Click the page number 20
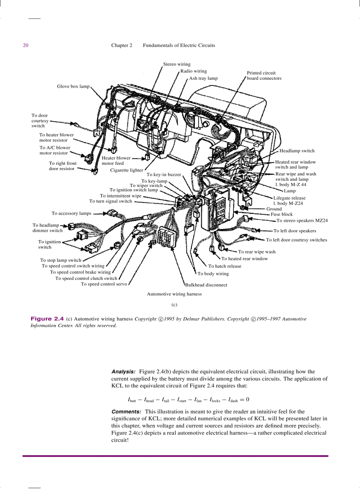pos(26,45)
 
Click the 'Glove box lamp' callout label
pos(73,86)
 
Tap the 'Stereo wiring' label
pos(177,64)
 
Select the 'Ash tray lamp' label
pos(203,78)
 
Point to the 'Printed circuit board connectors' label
pos(264,75)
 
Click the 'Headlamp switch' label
pos(297,151)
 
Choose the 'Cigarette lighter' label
pos(127,170)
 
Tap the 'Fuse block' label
pos(281,214)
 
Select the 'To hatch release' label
pos(225,266)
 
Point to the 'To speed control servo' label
pos(104,284)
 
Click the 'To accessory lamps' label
pos(71,213)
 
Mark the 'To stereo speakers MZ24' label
pos(302,220)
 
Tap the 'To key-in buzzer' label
pos(164,175)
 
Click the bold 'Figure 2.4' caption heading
pos(47,318)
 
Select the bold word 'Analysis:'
pos(123,372)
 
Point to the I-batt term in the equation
pos(132,400)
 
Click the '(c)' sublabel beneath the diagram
pos(174,304)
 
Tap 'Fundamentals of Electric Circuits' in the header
pos(179,45)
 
